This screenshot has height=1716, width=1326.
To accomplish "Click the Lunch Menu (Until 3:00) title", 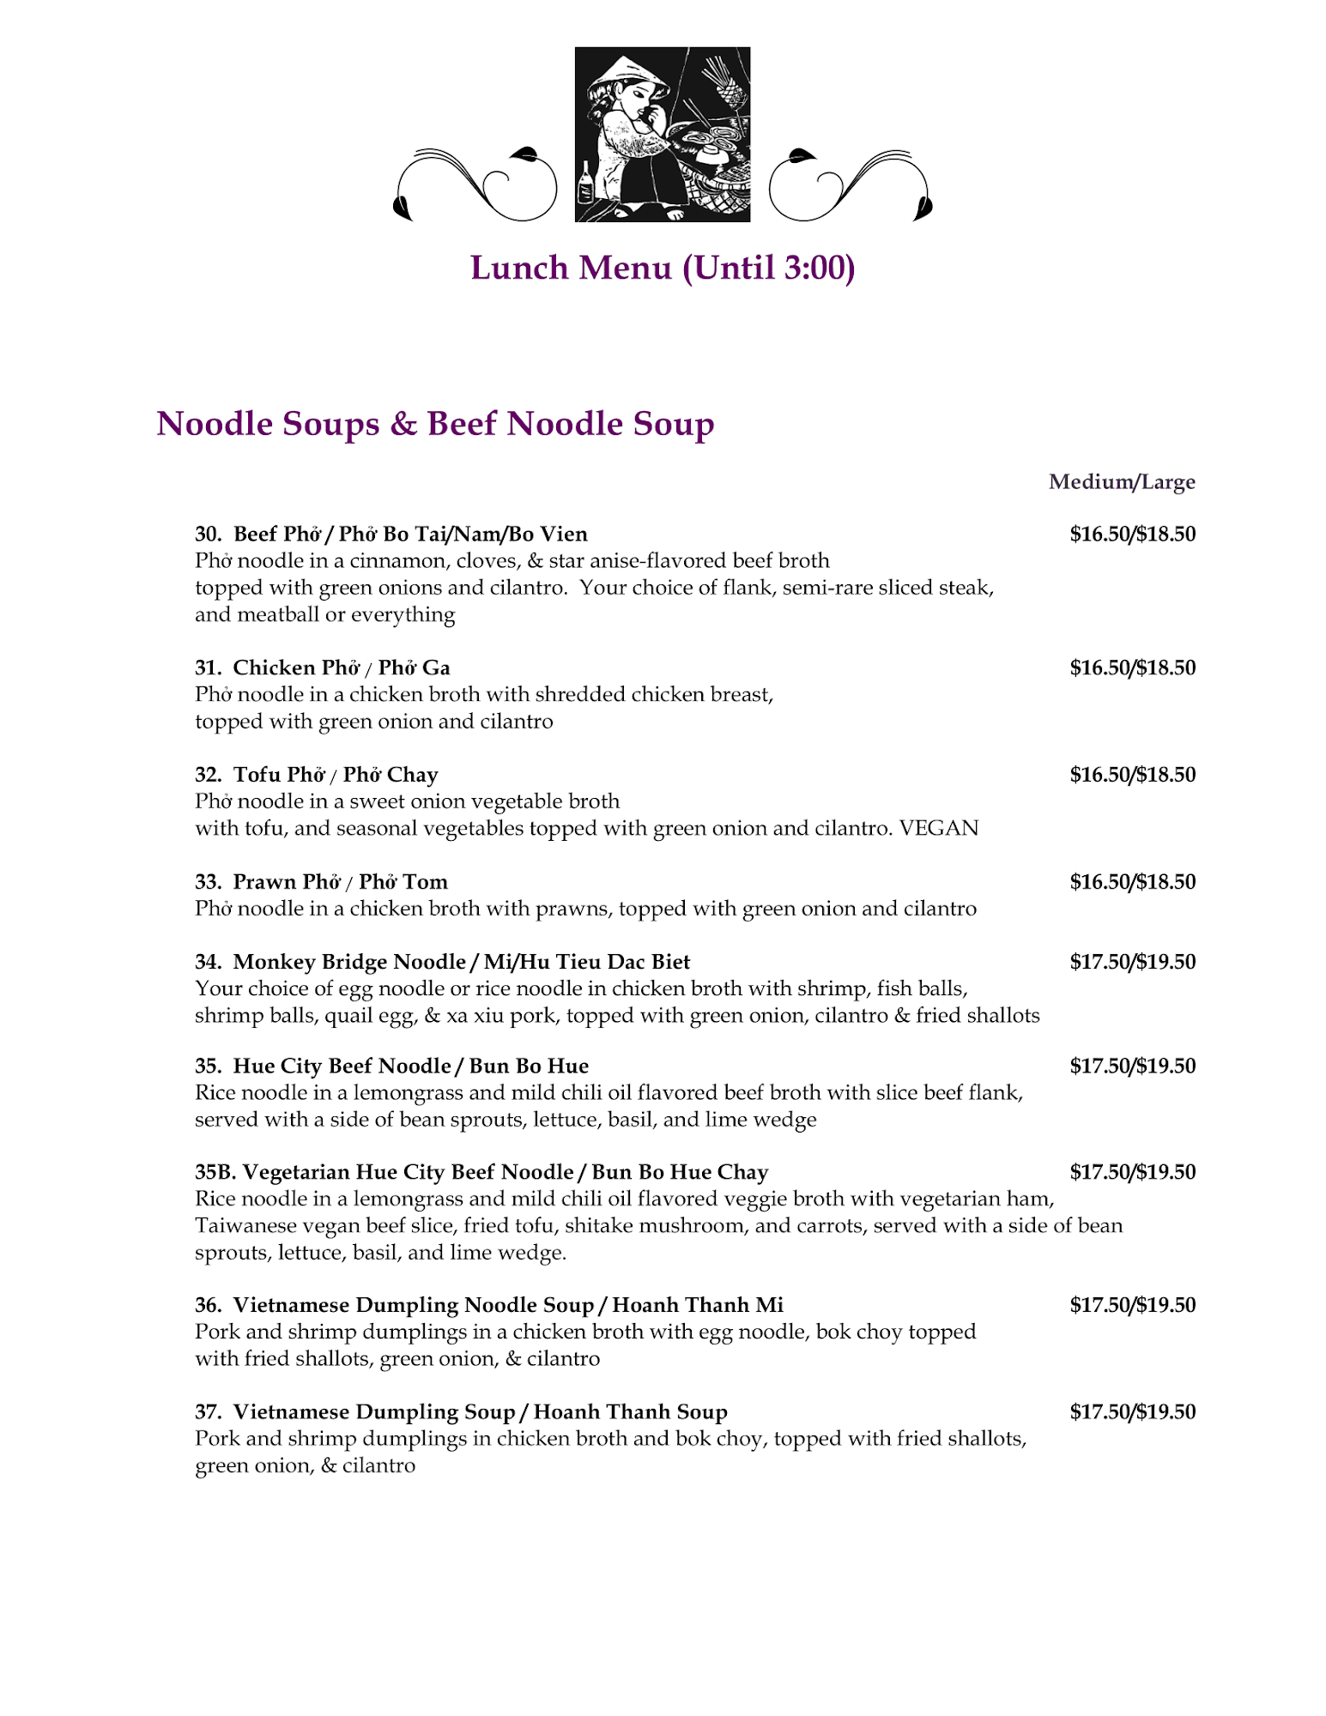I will (662, 268).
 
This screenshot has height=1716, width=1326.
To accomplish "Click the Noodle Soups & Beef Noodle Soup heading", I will (435, 424).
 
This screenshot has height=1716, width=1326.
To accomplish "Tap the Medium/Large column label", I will (1121, 482).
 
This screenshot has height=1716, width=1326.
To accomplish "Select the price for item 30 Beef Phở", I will (1132, 535).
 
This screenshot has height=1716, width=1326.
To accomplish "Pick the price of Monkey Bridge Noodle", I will (1132, 962).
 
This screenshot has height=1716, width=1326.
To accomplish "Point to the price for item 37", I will (1132, 1411).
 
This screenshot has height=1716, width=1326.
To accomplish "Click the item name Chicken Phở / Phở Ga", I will (341, 668).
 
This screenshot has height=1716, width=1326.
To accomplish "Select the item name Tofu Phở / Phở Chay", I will (335, 775).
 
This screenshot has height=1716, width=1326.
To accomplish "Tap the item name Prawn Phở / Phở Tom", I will (340, 882).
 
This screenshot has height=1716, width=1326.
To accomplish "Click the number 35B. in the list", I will (215, 1172).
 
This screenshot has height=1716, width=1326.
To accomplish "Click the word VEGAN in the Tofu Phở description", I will (938, 828).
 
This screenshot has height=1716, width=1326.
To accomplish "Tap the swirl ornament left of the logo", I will (476, 184).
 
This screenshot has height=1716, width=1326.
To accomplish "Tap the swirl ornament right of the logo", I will (850, 184).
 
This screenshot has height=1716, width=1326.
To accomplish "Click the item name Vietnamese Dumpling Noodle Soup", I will (413, 1305).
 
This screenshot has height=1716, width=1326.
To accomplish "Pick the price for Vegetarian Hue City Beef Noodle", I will (1132, 1172).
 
